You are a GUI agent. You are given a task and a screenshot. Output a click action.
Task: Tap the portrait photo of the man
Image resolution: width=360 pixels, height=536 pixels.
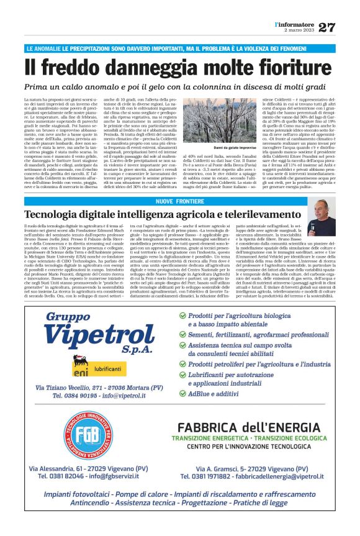323,217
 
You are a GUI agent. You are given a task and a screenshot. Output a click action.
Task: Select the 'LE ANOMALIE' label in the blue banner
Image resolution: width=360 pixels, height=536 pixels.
44,48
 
